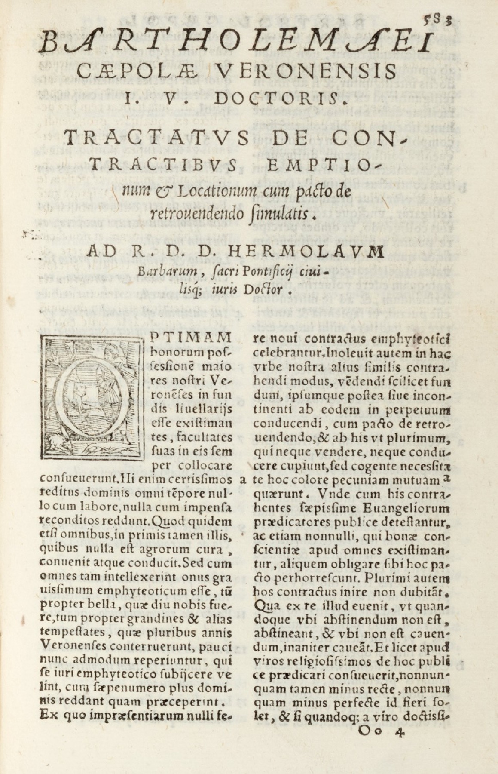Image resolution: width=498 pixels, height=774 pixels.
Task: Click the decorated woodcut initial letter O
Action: pyautogui.click(x=91, y=397)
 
